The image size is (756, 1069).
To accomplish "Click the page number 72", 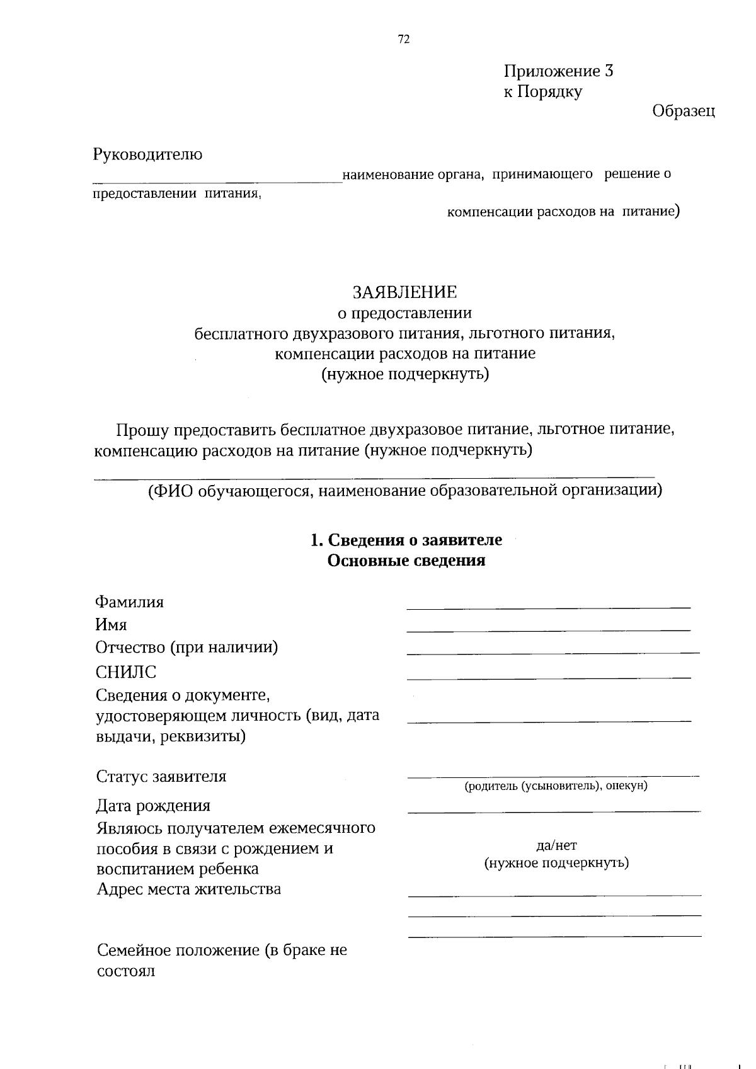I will point(404,39).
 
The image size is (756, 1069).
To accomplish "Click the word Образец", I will point(684,111).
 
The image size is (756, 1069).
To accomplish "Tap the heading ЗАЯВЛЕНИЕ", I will point(404,292).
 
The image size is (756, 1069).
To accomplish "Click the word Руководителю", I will point(148,154).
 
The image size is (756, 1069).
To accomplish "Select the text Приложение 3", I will point(558,71).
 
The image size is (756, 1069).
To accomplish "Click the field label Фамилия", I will point(130,602).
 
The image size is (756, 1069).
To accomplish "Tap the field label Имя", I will point(112,625).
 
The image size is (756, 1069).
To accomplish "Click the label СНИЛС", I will point(126,672).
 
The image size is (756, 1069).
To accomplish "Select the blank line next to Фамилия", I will point(549,607).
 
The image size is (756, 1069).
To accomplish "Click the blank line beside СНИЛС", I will point(549,678).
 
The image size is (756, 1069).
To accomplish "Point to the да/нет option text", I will point(556,845).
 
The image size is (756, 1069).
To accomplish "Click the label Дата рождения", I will point(153,806).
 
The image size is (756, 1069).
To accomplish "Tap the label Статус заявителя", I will point(161,777).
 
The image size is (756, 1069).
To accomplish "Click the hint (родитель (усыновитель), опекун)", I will point(556,786).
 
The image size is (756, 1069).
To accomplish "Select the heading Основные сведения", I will point(406,561).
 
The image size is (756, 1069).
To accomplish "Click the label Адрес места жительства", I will point(189,889).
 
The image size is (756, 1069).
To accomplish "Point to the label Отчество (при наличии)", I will point(187,648).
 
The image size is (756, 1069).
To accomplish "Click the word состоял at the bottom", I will point(126,971).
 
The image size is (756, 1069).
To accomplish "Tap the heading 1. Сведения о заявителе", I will point(406,540).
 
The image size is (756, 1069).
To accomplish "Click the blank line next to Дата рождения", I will point(554,811).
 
